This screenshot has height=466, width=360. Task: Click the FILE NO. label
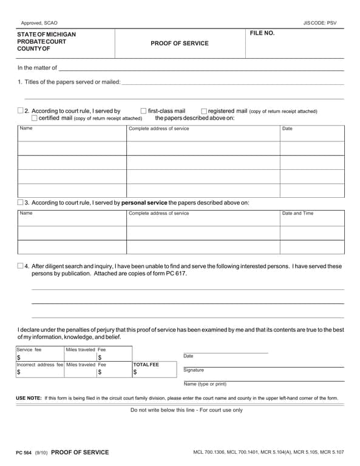[262, 33]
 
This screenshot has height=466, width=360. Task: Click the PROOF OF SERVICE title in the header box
[179, 44]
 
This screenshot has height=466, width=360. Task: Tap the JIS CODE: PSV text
[319, 22]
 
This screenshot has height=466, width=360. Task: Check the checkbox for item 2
[21, 111]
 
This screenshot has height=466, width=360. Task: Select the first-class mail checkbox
[143, 111]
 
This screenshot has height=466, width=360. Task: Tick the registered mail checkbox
[203, 111]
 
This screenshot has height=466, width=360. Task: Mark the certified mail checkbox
[34, 118]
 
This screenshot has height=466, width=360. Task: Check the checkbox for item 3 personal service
[21, 202]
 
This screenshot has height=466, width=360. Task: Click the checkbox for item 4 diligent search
[21, 266]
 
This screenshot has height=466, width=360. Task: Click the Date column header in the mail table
[287, 129]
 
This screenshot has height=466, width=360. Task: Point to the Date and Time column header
[297, 214]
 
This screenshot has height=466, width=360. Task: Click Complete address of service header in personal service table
[159, 214]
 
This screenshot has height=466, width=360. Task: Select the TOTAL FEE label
[146, 365]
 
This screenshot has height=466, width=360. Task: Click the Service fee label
[29, 349]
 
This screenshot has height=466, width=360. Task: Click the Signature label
[194, 370]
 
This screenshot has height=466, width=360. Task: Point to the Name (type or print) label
[205, 384]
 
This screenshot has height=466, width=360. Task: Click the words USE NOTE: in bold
[29, 398]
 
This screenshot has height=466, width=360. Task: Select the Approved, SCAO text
[39, 22]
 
